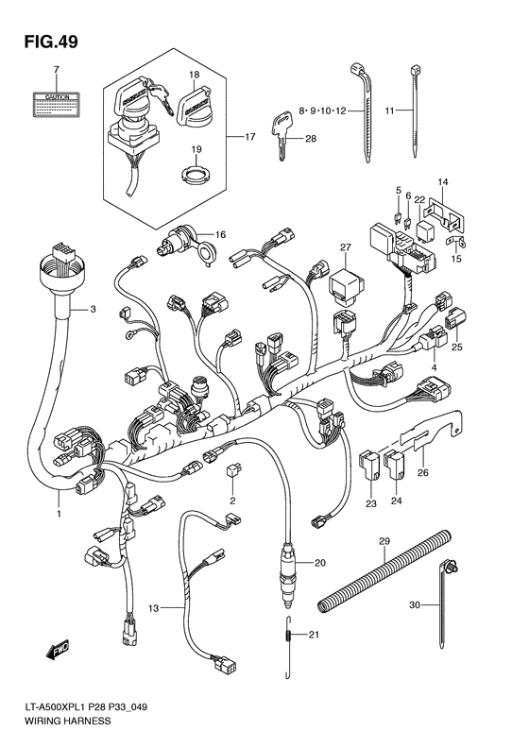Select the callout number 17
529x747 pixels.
[x=250, y=137]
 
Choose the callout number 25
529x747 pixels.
[x=457, y=348]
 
